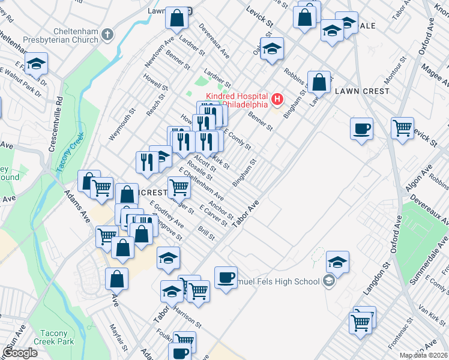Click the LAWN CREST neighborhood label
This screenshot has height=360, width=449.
tap(362, 91)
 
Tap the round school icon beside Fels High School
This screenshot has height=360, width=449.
tap(328, 281)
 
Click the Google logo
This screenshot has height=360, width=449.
tap(20, 353)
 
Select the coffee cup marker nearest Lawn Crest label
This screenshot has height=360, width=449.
tap(361, 128)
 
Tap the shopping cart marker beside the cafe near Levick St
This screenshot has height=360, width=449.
tap(402, 127)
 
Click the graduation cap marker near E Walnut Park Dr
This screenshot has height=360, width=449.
tap(36, 64)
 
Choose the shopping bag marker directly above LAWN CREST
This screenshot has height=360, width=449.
tap(319, 82)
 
